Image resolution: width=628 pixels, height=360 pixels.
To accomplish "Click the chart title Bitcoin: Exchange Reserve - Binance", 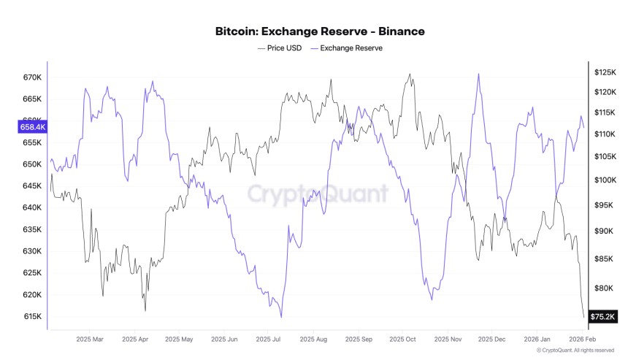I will [320, 31].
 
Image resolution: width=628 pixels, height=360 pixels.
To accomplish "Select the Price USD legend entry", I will [282, 48].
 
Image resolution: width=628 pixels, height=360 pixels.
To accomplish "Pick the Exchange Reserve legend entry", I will [346, 48].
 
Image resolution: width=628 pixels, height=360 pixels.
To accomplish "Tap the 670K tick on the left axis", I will [33, 77].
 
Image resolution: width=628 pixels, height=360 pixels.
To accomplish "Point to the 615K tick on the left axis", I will [33, 317].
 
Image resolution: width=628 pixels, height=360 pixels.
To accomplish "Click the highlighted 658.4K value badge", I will [33, 127].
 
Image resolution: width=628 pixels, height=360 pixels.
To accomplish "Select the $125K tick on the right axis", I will [606, 72].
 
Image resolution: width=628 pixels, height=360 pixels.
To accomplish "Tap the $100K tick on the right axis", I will [606, 180].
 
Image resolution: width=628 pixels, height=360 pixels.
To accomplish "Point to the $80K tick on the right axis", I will [605, 288].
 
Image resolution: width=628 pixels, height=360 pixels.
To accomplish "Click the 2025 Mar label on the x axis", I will [91, 340].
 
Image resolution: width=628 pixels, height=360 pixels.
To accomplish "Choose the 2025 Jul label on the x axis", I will [269, 340].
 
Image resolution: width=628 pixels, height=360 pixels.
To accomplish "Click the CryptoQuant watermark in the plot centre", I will [317, 194].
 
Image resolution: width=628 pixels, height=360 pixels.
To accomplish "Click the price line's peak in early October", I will [410, 74].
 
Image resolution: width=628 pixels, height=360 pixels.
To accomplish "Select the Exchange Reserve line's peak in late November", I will [478, 74].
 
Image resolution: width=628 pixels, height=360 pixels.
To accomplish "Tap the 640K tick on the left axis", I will [33, 207].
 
